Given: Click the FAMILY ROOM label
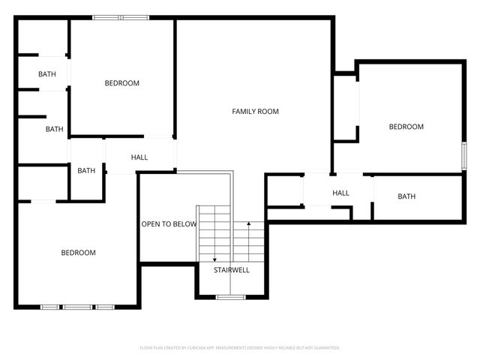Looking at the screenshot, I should (x=255, y=112).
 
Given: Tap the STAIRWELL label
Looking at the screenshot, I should (x=231, y=270).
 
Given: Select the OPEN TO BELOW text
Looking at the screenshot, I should (x=169, y=224).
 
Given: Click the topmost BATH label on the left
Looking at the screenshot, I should (x=47, y=74).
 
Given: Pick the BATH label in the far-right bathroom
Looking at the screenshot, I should (x=406, y=196).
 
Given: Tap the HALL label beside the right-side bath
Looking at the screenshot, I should (x=340, y=193).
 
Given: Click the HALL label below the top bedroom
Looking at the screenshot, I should (x=139, y=157).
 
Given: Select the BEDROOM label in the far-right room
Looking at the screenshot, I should (x=406, y=127).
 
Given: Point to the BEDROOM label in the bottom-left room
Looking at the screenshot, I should (x=78, y=253).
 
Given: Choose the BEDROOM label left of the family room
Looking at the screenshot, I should (x=121, y=83).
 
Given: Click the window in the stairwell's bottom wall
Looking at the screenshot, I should (x=230, y=297).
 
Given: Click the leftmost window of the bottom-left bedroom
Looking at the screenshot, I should (x=50, y=307).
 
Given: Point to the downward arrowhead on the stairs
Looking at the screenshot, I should (x=214, y=259).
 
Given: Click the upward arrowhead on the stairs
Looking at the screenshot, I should (x=247, y=223).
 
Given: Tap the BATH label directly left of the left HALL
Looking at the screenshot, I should (x=86, y=170).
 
